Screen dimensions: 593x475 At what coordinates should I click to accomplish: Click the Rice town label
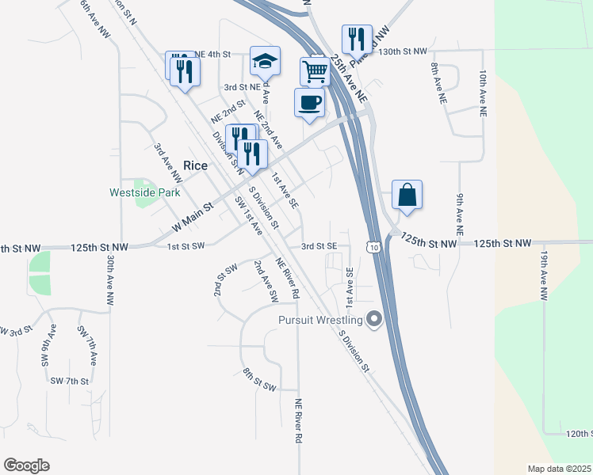pos(195,165)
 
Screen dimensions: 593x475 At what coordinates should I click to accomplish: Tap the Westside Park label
pos(144,192)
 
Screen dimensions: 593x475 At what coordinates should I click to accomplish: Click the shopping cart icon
pos(316,71)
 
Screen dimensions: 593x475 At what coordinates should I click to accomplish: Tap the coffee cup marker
pos(309,103)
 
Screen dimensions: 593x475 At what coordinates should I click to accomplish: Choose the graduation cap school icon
pos(265,60)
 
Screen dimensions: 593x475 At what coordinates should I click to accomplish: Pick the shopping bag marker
pos(407,195)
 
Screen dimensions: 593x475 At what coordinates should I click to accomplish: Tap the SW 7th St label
pos(70,381)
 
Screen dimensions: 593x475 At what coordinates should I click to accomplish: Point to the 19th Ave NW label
pos(545,276)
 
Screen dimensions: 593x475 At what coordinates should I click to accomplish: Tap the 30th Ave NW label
pos(110,280)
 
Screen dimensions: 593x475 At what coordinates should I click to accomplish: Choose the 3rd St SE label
pos(319,246)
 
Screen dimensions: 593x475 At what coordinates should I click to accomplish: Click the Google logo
pos(26,465)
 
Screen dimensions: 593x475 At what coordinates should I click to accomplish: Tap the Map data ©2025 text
pos(559,469)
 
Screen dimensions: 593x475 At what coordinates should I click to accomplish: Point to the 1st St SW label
pos(186,246)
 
